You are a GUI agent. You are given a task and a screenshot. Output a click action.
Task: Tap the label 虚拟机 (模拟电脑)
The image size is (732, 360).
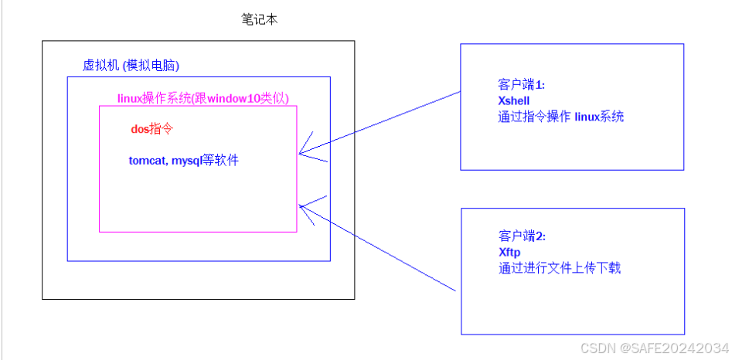(x=131, y=65)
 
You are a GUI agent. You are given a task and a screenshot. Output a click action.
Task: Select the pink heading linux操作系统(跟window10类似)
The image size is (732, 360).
(x=203, y=98)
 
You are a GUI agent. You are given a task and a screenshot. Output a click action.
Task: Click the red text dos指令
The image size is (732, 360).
(x=151, y=130)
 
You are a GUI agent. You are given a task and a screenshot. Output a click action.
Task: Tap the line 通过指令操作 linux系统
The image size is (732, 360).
(x=560, y=117)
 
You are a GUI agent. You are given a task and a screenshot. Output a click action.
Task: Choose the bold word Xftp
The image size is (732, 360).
(x=509, y=253)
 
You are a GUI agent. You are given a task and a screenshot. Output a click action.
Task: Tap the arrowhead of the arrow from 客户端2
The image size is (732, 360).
(x=301, y=205)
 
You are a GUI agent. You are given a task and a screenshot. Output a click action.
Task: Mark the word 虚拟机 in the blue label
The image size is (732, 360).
(x=96, y=65)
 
